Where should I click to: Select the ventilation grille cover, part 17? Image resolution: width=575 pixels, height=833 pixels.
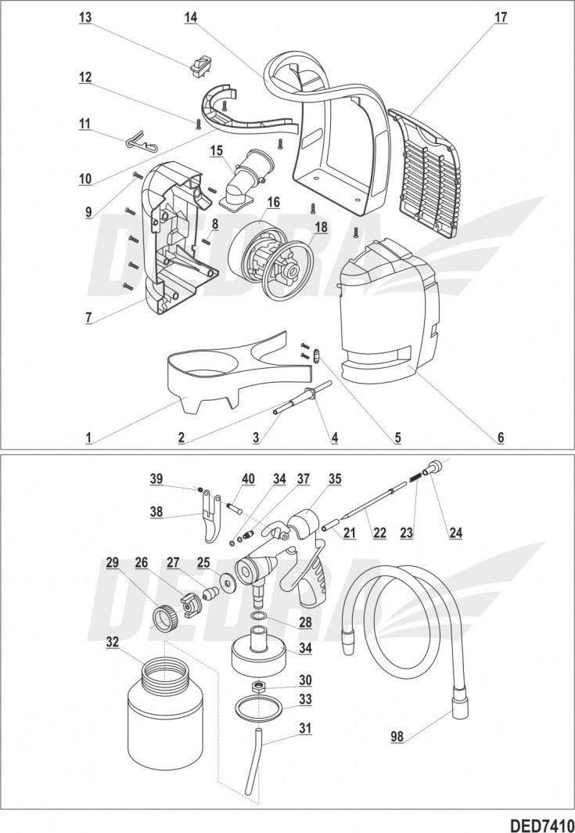pyautogui.click(x=426, y=172)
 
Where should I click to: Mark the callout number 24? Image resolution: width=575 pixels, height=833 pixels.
pyautogui.click(x=455, y=533)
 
